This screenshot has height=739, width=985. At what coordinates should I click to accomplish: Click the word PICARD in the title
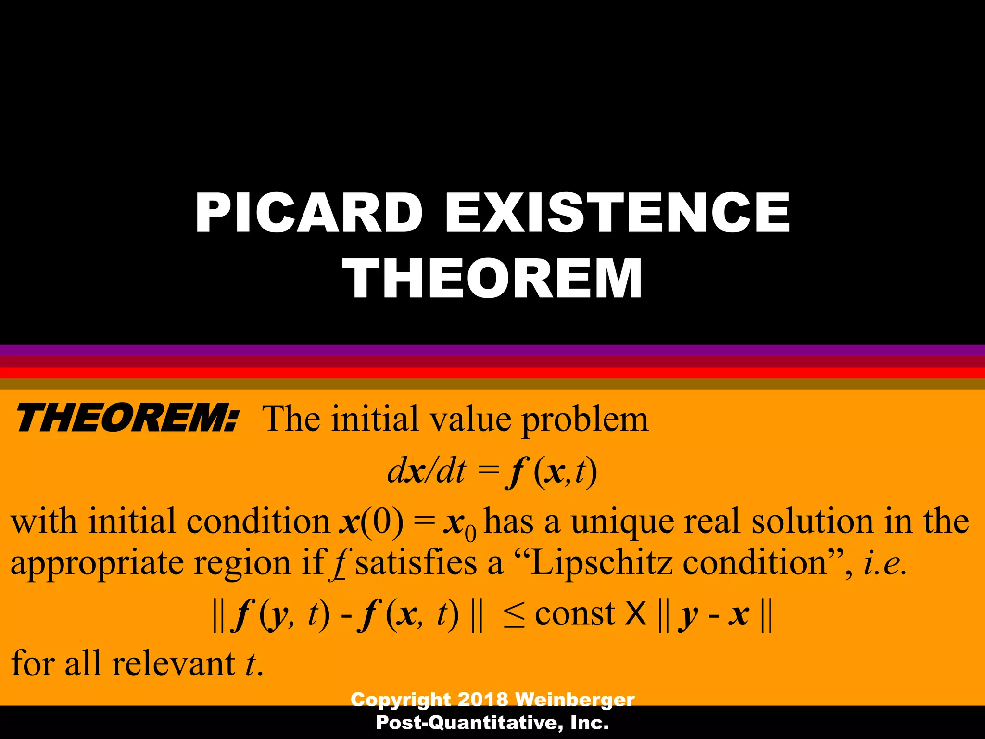click(309, 213)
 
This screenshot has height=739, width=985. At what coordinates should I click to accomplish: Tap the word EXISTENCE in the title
click(618, 213)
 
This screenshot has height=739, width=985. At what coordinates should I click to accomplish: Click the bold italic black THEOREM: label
click(126, 419)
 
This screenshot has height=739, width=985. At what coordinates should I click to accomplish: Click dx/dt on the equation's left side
click(426, 471)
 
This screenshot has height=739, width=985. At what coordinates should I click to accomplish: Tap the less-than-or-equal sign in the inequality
click(514, 616)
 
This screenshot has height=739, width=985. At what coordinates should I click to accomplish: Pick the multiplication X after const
click(636, 614)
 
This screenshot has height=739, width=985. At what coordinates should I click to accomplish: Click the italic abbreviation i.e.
click(885, 563)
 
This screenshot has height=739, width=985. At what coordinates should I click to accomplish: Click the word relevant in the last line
click(173, 664)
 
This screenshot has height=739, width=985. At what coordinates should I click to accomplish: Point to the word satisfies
click(416, 563)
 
